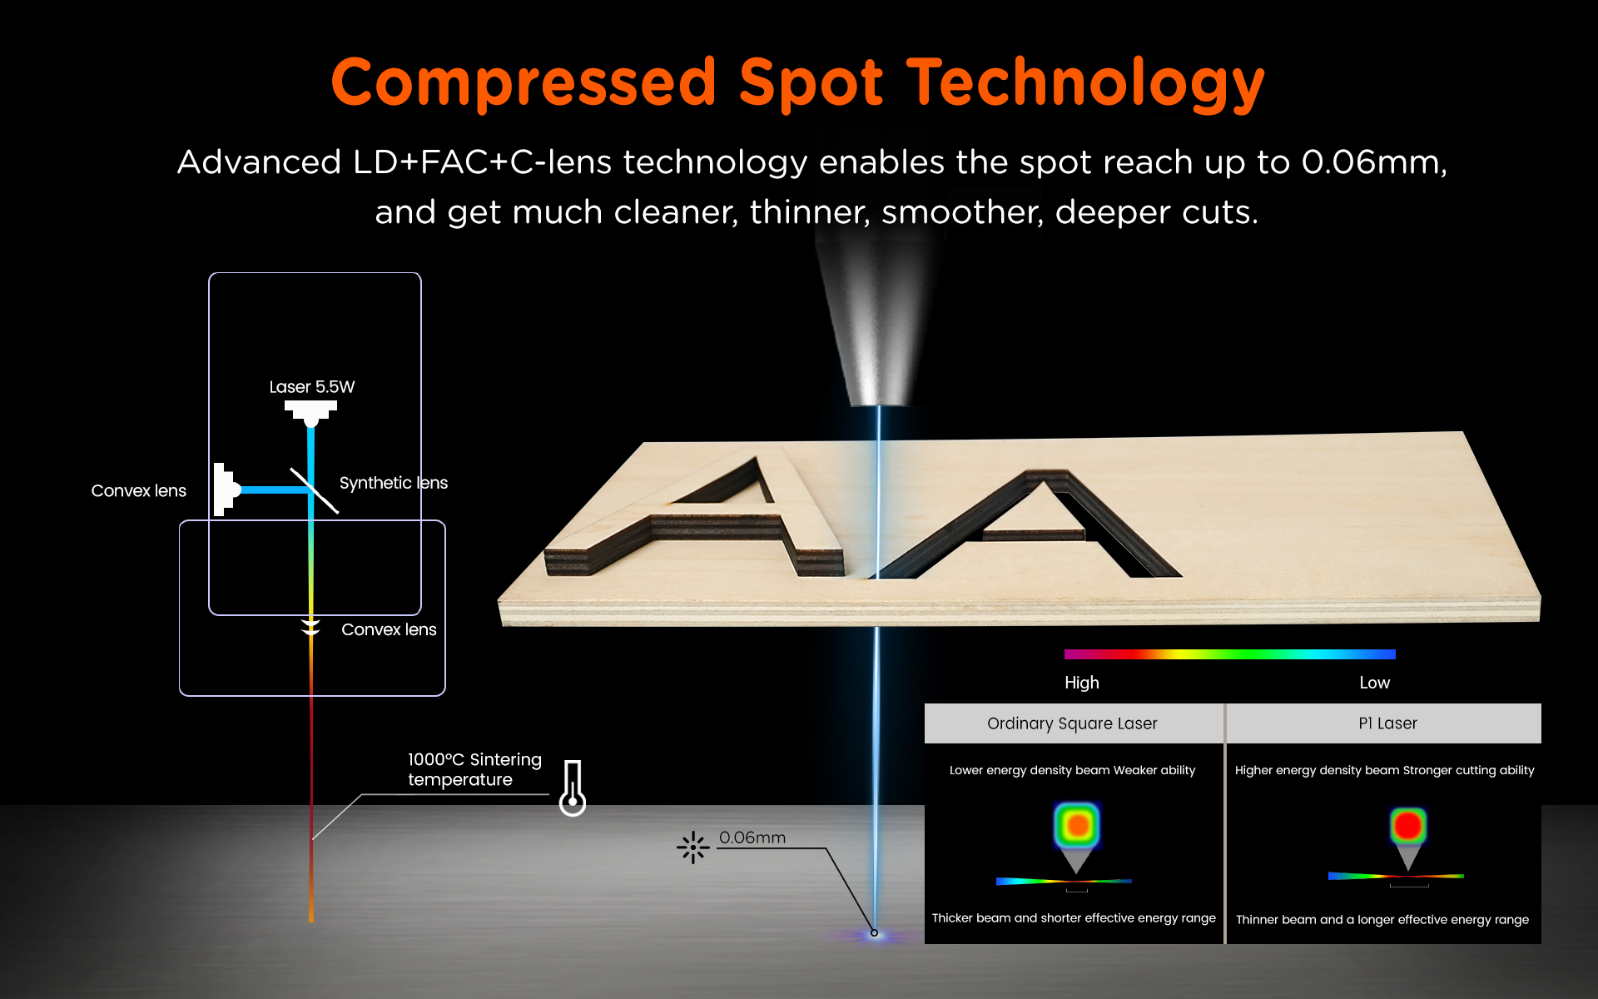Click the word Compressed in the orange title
(524, 83)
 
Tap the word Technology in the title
(1085, 83)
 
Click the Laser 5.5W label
(312, 387)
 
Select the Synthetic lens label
(394, 483)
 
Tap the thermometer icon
(573, 788)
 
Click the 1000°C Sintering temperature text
(474, 769)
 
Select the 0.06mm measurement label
(752, 837)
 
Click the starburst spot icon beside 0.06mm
(693, 848)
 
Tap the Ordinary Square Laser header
(1072, 723)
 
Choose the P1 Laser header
(1387, 723)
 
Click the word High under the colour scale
(1082, 683)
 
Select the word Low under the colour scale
(1374, 683)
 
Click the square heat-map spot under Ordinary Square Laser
(1077, 825)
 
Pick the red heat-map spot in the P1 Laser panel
(1407, 826)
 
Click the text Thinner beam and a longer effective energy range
(1382, 920)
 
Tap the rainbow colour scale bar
(1230, 654)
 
